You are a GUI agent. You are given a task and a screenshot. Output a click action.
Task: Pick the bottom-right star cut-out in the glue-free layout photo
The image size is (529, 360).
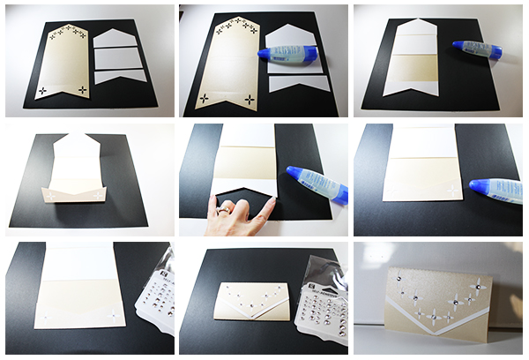tap(82, 89)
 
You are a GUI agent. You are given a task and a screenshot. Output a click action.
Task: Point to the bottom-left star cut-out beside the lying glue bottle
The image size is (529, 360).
tap(205, 98)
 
